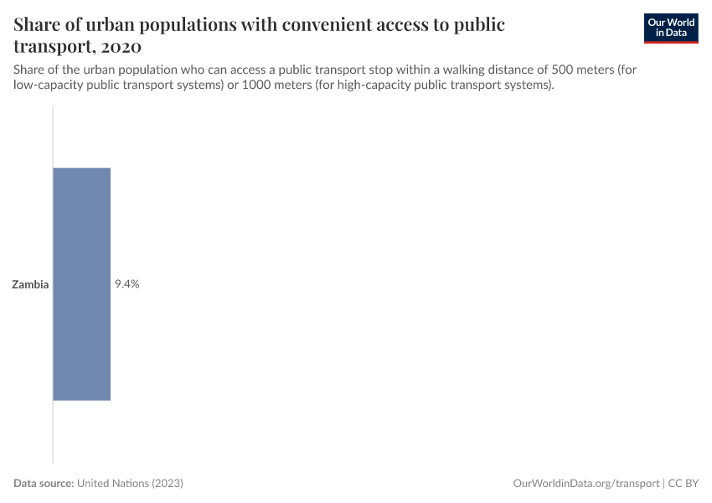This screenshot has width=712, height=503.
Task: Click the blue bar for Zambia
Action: [x=81, y=283]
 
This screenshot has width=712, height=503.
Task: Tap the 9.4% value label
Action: [x=126, y=284]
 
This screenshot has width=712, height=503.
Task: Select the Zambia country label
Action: [x=30, y=284]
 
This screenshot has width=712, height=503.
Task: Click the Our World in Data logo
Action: [x=670, y=29]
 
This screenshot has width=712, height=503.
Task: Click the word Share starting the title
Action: [x=39, y=24]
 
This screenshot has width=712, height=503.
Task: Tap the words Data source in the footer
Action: [x=44, y=484]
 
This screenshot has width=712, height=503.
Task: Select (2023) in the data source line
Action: [x=168, y=484]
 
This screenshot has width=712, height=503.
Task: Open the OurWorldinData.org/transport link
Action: [x=586, y=484]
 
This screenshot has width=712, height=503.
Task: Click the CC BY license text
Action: [x=683, y=484]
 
